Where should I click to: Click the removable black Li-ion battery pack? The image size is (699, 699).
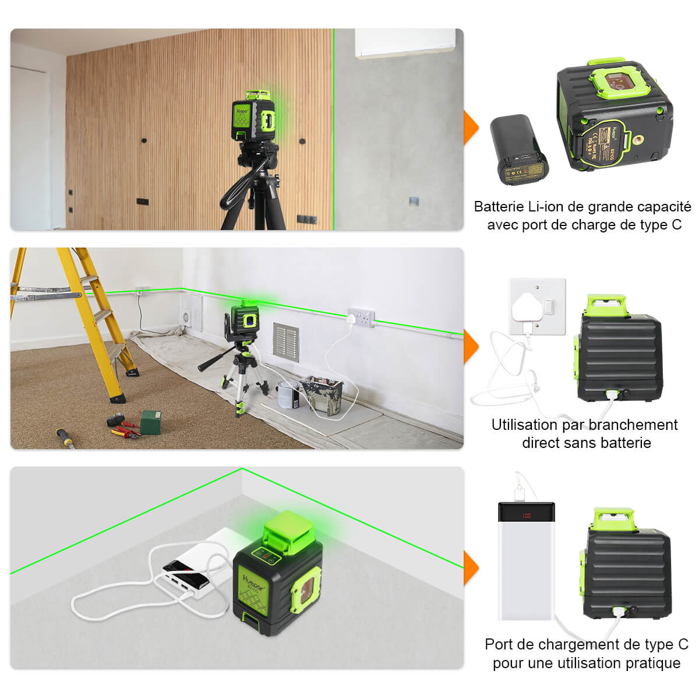coord(519,149)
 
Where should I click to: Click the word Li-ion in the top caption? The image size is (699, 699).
coord(545,207)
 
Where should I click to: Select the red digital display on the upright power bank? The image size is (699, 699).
coord(526,516)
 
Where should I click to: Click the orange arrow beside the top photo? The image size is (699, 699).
coord(471,126)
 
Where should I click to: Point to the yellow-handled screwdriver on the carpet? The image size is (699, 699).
coord(66,437)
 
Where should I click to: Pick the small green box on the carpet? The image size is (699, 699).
coord(150,422)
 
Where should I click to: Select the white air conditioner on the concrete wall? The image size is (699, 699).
coord(405,43)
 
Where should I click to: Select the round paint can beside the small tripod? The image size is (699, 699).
coord(288,395)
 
